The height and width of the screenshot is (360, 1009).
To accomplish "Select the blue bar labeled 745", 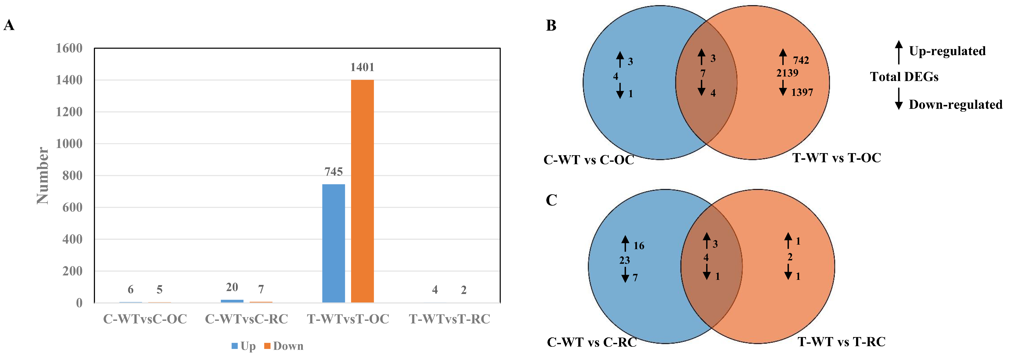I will pos(333,243).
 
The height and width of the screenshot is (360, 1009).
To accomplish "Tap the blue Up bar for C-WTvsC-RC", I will pos(232,301).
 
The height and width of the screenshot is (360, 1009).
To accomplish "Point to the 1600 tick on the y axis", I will pos(69,48).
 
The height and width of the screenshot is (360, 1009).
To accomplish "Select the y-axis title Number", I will pos(42,176).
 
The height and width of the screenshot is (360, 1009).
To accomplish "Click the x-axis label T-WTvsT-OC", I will pos(348,319).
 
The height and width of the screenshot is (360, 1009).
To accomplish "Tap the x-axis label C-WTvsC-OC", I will pos(145,319).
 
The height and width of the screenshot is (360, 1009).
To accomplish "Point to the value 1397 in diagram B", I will pos(802,93).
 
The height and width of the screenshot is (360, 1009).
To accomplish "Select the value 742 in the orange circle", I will pos(801,60).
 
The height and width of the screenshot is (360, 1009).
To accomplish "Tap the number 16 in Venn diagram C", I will pos(639,246).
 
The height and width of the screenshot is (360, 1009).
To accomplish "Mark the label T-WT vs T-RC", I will pos(841,342).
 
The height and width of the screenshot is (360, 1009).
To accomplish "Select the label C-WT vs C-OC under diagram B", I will pos(589,160).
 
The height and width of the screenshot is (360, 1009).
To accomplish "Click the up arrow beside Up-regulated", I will pos(899,52).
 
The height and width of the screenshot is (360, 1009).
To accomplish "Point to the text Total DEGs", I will pos(904,77).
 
